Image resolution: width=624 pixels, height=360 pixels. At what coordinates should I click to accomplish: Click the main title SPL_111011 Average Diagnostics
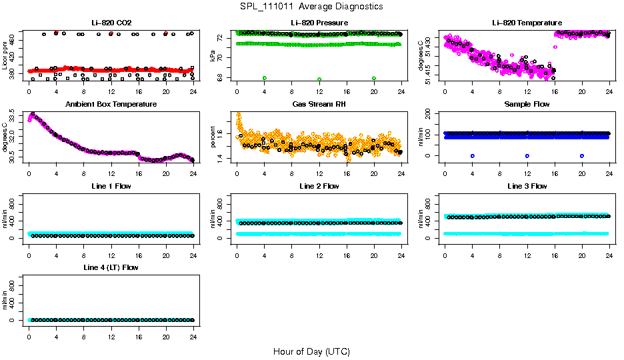(x=311, y=6)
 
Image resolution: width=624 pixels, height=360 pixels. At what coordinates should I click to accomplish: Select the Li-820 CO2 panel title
(x=111, y=23)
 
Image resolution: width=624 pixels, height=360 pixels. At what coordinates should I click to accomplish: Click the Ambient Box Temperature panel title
(x=111, y=105)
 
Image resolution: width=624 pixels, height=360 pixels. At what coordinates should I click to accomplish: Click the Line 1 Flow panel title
(x=111, y=186)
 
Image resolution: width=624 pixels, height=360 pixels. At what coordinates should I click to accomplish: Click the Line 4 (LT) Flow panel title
(x=111, y=267)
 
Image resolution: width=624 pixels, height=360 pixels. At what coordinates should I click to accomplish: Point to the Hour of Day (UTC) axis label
(x=311, y=351)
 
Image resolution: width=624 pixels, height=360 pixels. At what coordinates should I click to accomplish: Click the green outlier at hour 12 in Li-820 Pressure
(x=319, y=79)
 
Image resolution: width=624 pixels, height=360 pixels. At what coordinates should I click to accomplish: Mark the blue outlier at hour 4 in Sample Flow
(x=472, y=155)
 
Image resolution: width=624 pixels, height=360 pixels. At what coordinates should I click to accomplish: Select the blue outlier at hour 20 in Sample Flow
(x=582, y=155)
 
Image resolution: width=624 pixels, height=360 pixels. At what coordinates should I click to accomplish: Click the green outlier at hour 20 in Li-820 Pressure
(x=374, y=78)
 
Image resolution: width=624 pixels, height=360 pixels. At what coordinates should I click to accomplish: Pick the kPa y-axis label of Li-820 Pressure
(x=213, y=56)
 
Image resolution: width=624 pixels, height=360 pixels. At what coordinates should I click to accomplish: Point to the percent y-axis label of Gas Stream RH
(x=213, y=137)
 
